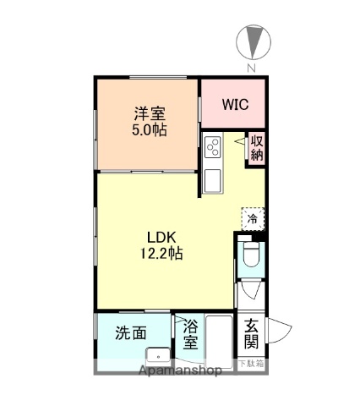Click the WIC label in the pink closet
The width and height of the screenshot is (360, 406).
[234, 106]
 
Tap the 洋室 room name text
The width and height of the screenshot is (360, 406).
[147, 114]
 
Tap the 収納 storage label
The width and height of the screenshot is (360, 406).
[257, 148]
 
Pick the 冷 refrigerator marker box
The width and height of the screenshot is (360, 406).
[251, 219]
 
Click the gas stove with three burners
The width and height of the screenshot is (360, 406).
[211, 147]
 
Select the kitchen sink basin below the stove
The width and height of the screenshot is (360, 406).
[211, 178]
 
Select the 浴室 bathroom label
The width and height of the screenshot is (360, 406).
[190, 334]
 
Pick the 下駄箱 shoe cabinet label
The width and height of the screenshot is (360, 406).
[250, 364]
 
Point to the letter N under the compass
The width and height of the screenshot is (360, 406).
[250, 68]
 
